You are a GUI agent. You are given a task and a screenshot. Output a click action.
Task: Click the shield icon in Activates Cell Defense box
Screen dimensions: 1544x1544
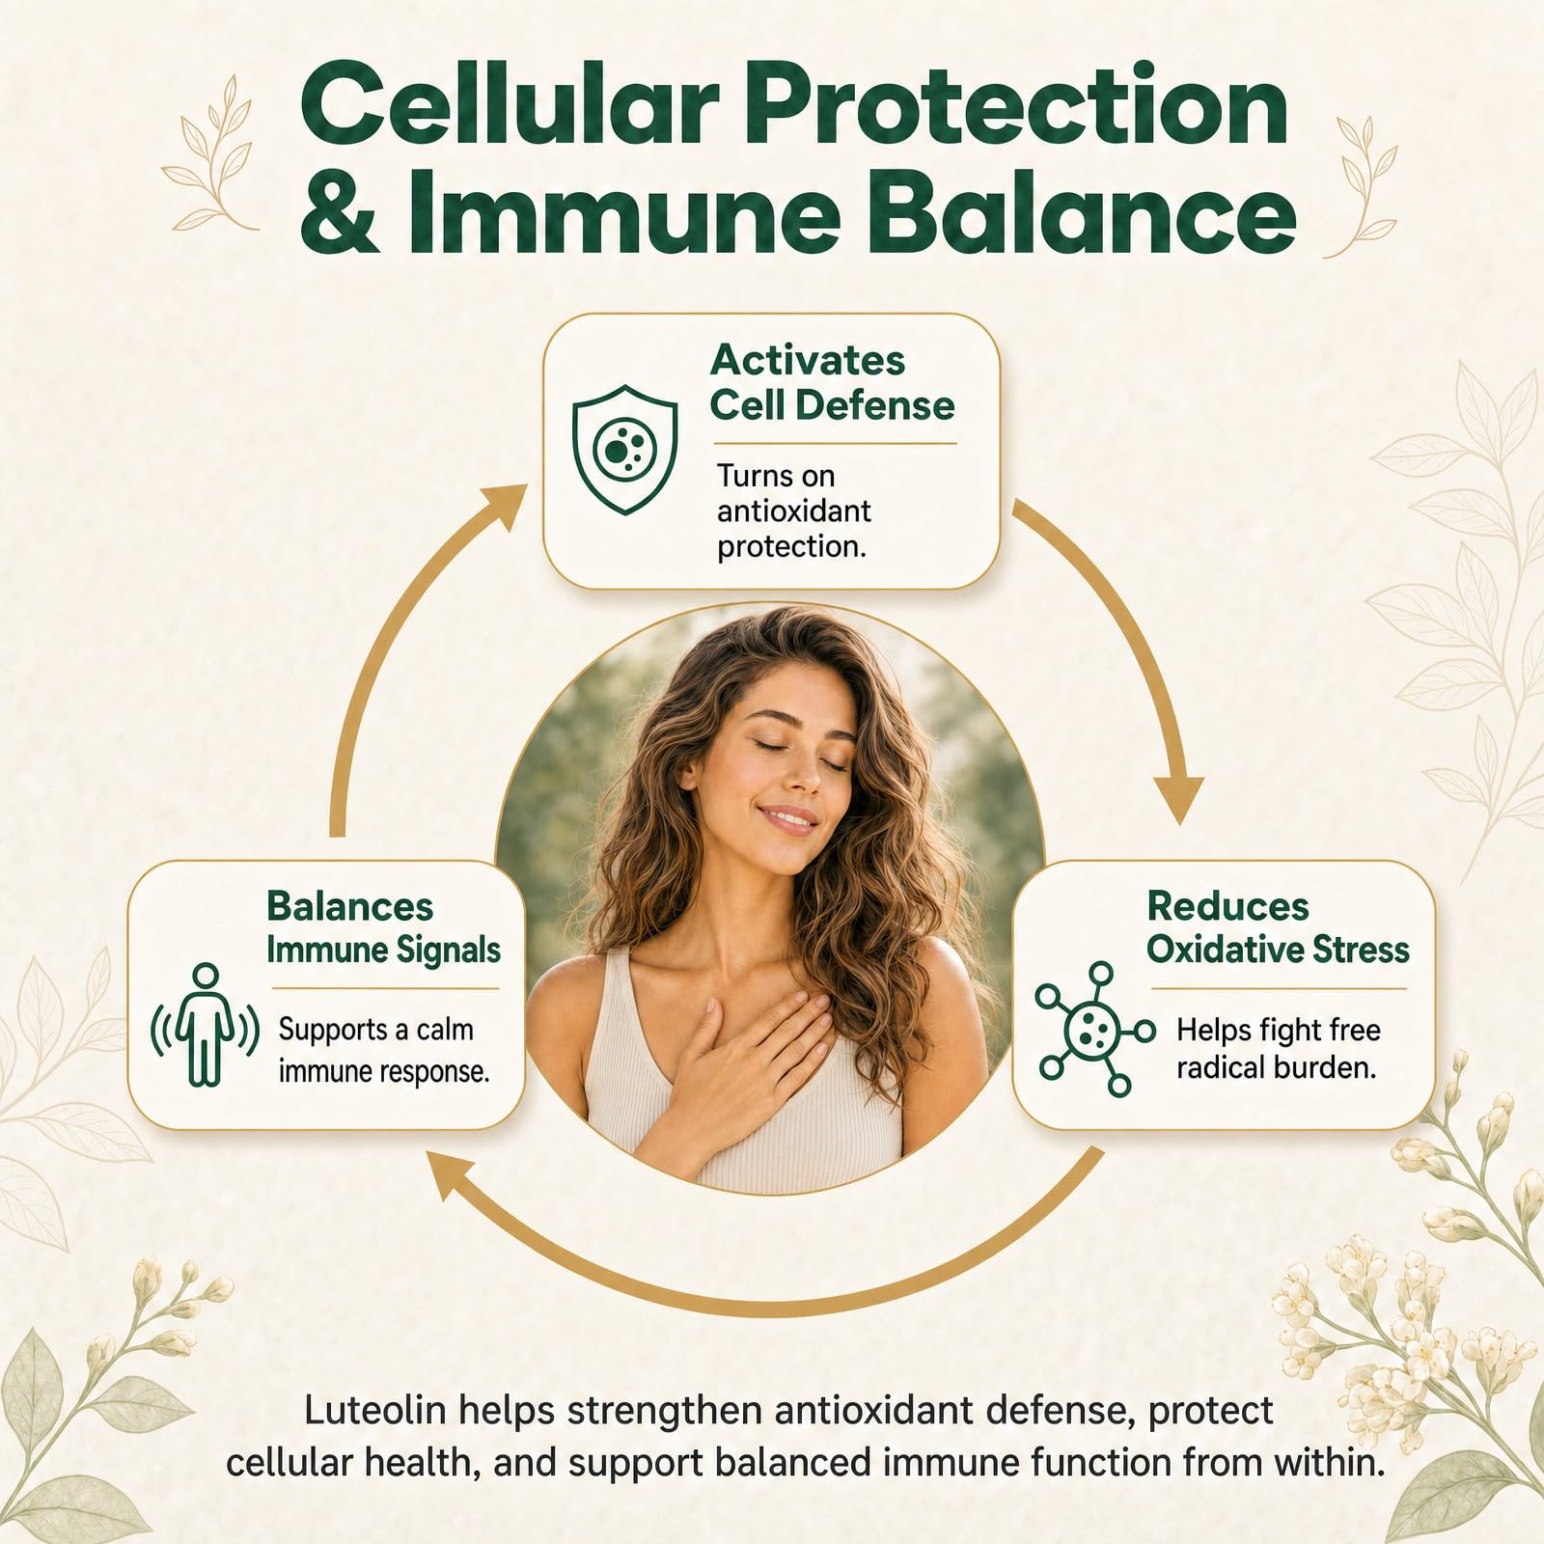624,449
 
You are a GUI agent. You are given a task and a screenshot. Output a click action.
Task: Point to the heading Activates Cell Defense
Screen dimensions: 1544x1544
832,383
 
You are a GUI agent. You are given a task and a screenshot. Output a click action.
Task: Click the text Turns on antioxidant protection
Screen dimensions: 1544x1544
793,510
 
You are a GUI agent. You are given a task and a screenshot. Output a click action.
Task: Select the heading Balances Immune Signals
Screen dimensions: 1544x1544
383,927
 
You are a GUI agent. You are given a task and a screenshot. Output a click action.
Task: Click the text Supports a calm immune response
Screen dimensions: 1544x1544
384,1050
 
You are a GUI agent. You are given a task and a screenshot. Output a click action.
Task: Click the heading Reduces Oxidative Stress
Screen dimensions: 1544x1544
1278,927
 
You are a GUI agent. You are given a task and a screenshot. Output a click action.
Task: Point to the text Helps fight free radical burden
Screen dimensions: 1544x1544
1278,1048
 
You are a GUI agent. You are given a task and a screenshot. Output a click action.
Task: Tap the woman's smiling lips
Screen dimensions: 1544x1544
789,819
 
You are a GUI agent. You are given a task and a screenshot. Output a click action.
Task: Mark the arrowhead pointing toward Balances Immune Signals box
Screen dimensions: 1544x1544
454,1175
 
